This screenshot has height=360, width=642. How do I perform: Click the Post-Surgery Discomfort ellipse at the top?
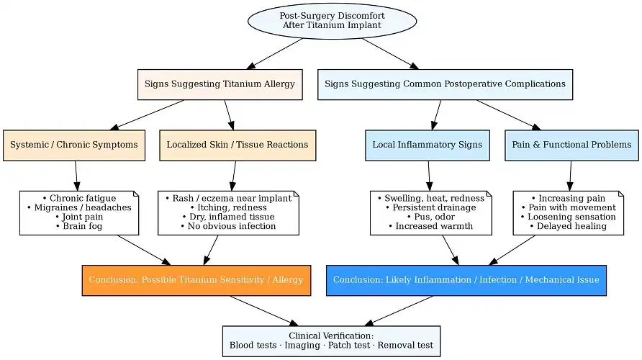332,20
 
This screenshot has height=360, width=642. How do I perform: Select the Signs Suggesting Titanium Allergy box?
220,84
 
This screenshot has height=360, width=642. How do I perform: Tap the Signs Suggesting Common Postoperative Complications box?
445,84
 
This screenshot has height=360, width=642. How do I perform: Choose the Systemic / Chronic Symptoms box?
74,145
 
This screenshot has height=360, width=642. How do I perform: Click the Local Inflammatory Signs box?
427,145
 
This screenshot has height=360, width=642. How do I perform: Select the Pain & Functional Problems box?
571,145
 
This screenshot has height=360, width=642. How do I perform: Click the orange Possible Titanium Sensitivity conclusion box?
196,280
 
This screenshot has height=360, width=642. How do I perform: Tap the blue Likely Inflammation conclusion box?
466,280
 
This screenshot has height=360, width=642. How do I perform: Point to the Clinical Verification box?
331,341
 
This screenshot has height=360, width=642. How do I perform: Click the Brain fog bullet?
79,226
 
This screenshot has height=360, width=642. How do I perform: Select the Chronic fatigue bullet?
79,198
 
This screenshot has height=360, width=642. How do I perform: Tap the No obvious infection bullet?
228,226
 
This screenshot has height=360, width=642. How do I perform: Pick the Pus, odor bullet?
430,217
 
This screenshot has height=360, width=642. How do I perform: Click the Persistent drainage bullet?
430,207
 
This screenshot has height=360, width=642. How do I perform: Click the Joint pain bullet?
79,217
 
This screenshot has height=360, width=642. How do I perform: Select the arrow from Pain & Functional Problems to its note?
571,175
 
